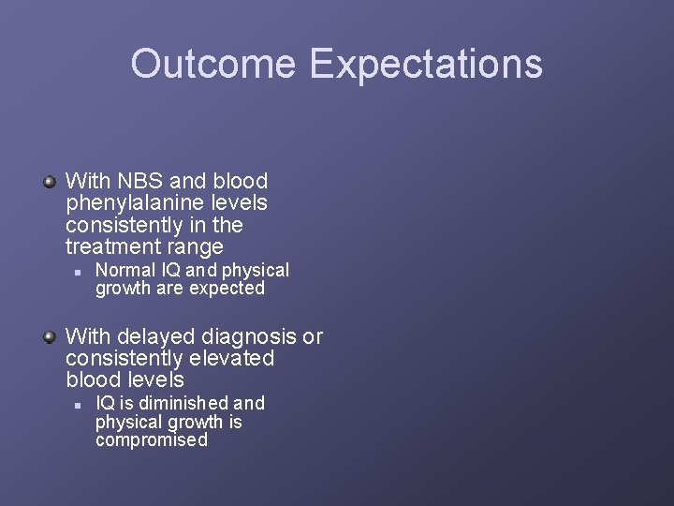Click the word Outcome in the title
(214, 64)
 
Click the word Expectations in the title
(427, 64)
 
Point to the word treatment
(111, 247)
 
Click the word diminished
(182, 403)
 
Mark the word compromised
(152, 439)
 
